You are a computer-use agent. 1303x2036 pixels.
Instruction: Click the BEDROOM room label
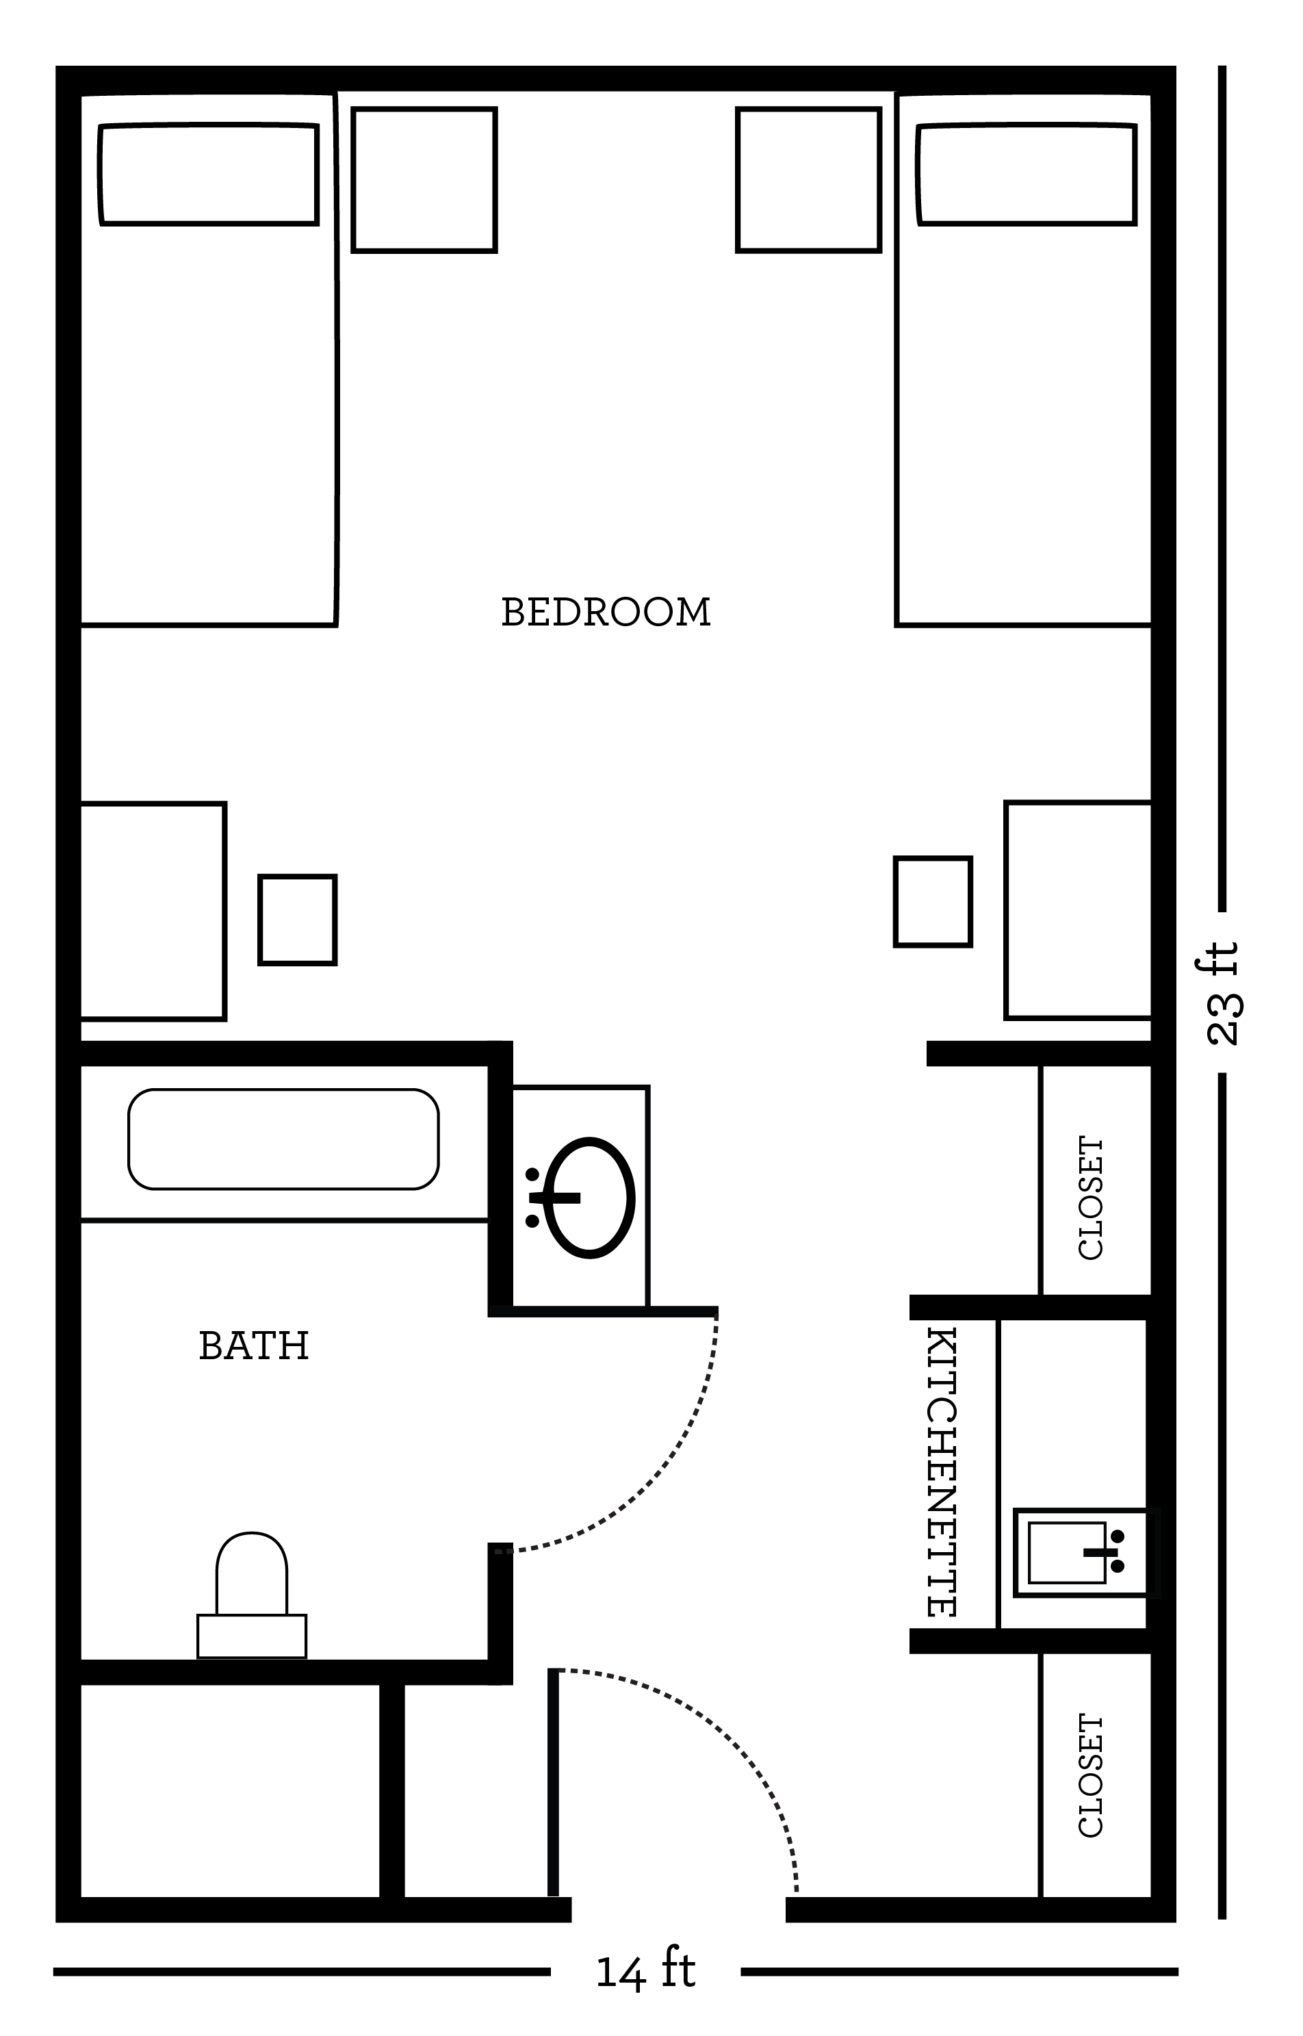[606, 613]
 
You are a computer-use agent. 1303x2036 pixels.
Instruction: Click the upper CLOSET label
[1092, 1198]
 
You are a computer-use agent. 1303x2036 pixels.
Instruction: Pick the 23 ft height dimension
[1224, 993]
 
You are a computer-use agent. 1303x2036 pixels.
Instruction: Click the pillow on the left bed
[209, 175]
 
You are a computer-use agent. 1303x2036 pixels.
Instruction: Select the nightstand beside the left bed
[424, 179]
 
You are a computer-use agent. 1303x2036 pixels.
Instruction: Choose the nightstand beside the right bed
[809, 179]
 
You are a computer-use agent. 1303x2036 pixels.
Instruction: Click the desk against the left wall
[153, 911]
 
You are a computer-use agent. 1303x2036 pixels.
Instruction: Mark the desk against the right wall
[1078, 910]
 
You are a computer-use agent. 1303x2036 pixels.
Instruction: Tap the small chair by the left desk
[298, 920]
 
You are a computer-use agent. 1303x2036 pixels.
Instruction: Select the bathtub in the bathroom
[283, 1139]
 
